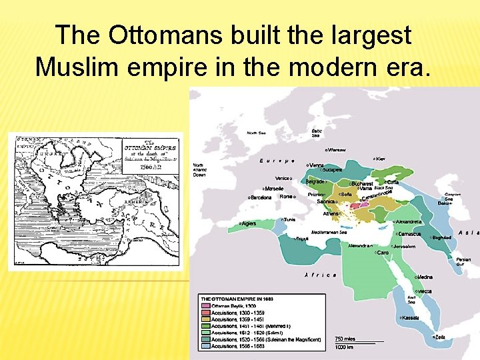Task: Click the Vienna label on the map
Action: pyautogui.click(x=316, y=165)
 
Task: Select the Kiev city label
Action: pyautogui.click(x=381, y=159)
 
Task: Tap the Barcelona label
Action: pyautogui.click(x=261, y=197)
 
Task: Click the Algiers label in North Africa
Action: pyautogui.click(x=248, y=223)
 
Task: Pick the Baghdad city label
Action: pyautogui.click(x=441, y=237)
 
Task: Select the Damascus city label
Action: pyautogui.click(x=408, y=234)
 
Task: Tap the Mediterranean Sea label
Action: pyautogui.click(x=324, y=233)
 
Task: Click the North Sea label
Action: pyautogui.click(x=256, y=133)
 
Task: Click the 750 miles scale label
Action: pyautogui.click(x=345, y=338)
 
